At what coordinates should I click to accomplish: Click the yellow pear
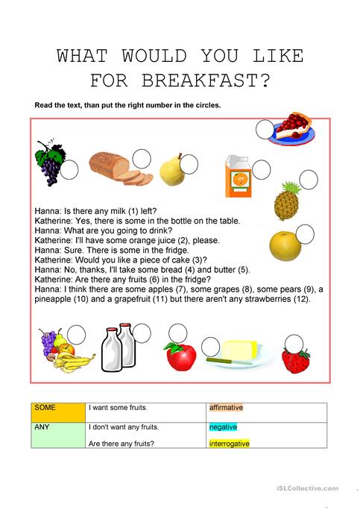171,171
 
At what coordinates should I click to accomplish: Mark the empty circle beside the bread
142,158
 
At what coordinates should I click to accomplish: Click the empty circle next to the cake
265,130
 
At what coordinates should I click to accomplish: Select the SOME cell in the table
57,412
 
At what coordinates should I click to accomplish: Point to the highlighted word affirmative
227,407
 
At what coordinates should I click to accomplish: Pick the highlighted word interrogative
230,443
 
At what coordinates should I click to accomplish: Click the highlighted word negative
224,427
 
